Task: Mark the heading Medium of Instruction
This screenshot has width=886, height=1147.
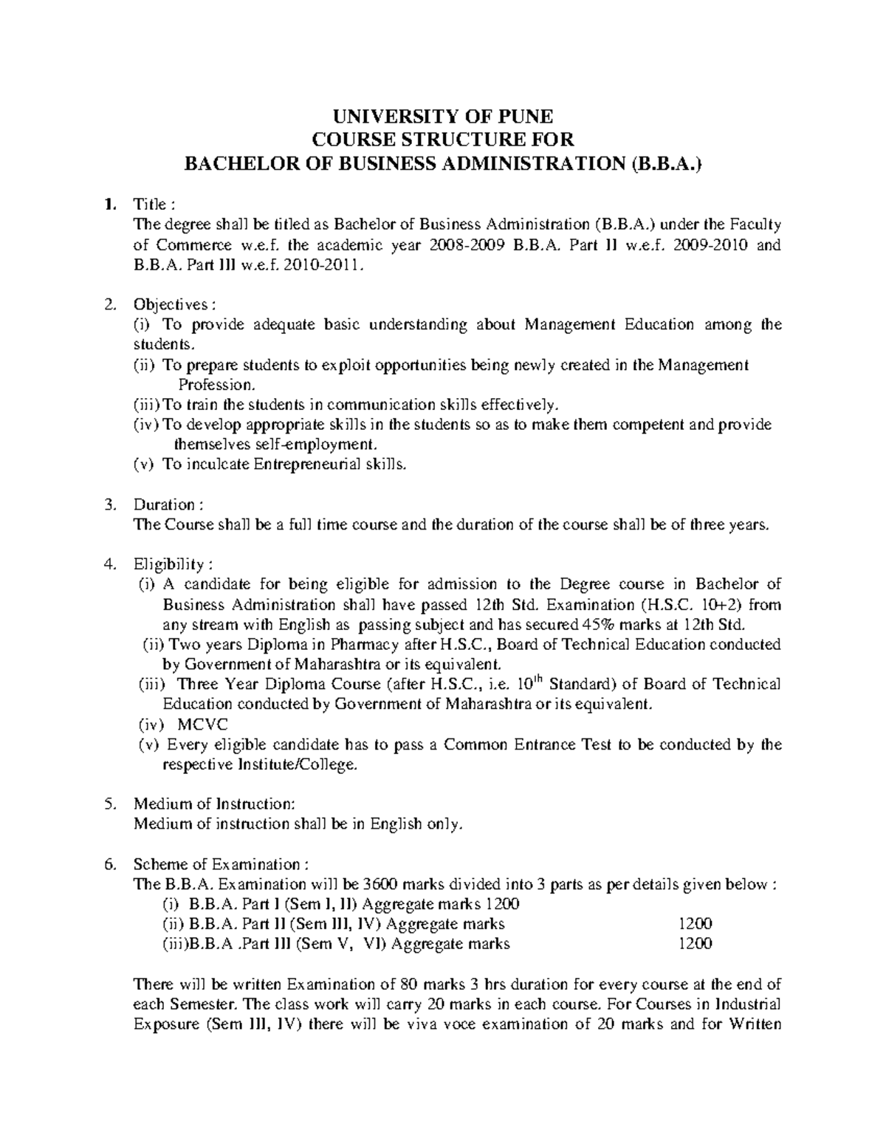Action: coord(214,804)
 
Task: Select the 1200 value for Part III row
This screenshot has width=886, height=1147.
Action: coord(695,943)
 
